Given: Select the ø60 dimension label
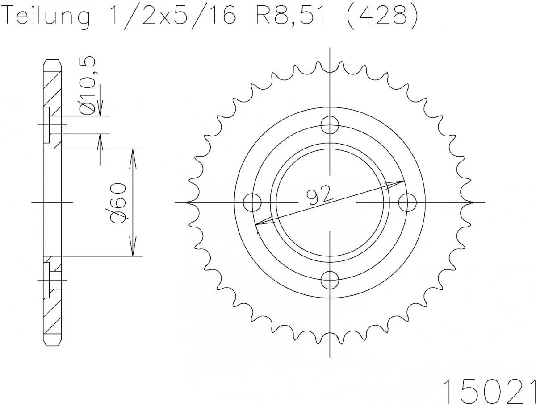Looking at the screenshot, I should pyautogui.click(x=118, y=202).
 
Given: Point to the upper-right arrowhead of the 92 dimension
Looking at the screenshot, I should pyautogui.click(x=400, y=182).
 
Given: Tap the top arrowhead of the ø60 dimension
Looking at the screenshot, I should pyautogui.click(x=132, y=154).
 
